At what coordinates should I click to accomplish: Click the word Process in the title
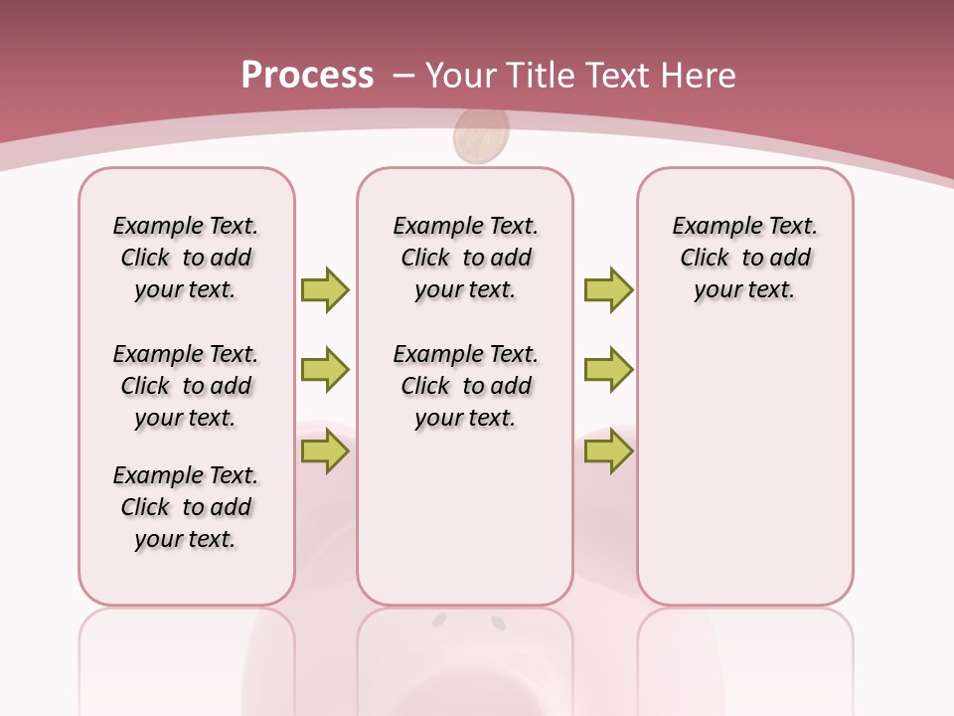pos(307,76)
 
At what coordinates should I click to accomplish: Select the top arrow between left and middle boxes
pos(325,289)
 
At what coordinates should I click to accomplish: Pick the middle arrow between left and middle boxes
pos(325,370)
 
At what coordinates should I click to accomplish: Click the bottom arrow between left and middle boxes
pos(325,451)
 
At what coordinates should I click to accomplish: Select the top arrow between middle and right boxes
pos(608,289)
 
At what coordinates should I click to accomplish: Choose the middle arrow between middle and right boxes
pos(608,370)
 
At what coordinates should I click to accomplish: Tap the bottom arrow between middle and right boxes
pos(608,451)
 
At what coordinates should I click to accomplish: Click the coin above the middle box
pos(481,137)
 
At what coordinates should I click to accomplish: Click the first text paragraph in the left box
pos(186,258)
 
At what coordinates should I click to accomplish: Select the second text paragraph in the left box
pos(186,386)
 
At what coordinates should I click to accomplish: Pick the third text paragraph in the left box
pos(186,507)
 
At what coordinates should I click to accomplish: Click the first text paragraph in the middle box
pos(465,258)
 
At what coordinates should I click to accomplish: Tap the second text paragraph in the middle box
pos(465,386)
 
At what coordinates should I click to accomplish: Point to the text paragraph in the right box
pos(744,258)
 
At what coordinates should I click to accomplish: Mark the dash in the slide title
pos(403,76)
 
